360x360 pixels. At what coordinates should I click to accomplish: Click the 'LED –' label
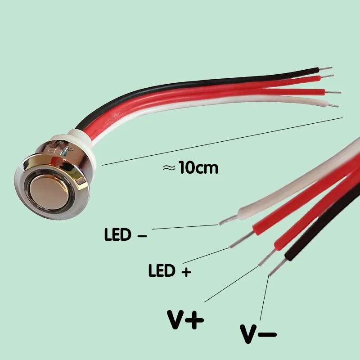126,234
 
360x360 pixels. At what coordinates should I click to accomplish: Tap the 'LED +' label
170,270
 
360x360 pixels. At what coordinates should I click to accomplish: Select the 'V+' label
185,320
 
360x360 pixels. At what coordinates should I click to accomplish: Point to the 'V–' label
258,334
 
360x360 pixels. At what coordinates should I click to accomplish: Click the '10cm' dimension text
198,167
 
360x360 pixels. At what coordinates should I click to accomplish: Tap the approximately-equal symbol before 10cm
169,168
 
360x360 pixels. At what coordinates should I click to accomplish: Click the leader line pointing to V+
231,284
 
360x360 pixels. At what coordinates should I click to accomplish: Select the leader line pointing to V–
265,298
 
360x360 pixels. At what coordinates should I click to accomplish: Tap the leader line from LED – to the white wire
185,227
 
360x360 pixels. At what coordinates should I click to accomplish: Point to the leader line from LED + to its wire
206,256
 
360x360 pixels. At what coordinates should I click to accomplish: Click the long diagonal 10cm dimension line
222,141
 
